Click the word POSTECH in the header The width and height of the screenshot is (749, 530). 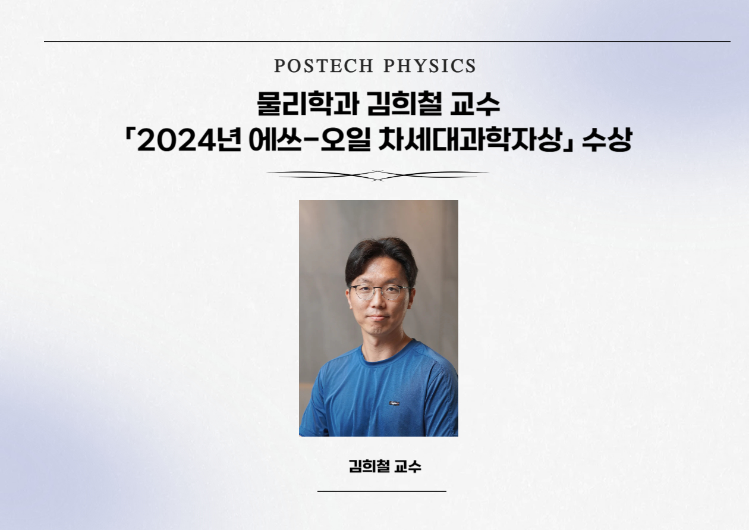(323, 65)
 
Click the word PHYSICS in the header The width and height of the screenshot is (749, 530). (430, 65)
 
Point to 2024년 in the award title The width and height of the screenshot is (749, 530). (189, 140)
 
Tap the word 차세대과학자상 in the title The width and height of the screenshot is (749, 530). (470, 140)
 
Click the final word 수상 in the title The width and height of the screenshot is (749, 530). (607, 140)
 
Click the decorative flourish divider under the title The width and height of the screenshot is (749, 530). (378, 175)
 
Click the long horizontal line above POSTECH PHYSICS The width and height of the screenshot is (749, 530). (387, 42)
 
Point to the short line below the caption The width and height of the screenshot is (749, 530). (382, 491)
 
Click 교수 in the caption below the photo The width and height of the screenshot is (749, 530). (408, 466)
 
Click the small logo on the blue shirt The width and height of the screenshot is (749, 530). (394, 403)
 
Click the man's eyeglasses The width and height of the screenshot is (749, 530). (379, 291)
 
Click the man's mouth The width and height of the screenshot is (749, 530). (379, 318)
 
